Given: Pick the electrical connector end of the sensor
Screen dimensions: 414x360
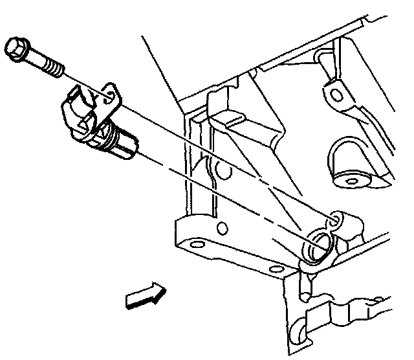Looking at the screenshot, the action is coord(75,107).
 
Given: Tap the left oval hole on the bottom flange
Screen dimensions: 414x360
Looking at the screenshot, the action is coord(197,245).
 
